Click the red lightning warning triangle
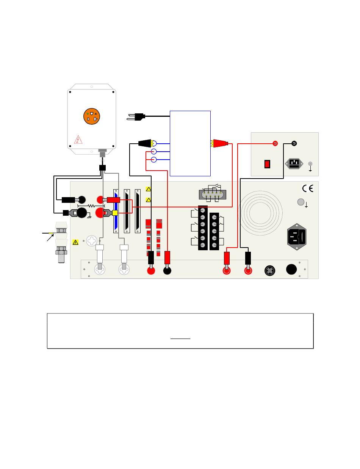coord(78,139)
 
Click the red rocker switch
coord(267,164)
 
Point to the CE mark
coord(307,188)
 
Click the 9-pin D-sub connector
coord(212,194)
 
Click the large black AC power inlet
coord(297,237)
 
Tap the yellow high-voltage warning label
coord(75,242)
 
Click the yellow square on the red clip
coord(115,213)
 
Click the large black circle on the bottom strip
coord(291,269)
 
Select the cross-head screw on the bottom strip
coord(269,270)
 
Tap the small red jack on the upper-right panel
coord(275,143)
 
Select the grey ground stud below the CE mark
coord(301,202)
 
